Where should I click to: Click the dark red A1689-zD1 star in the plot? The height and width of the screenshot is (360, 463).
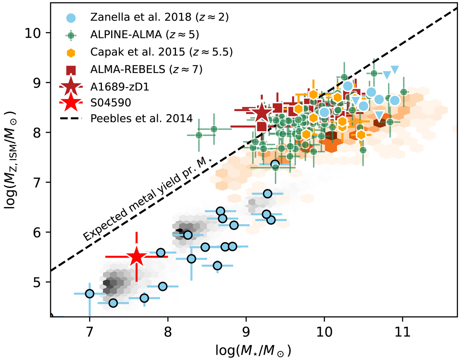[x=262, y=113]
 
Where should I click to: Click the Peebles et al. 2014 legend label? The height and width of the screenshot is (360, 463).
[x=141, y=119]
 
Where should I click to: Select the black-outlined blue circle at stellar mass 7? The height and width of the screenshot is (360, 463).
[x=90, y=294]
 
